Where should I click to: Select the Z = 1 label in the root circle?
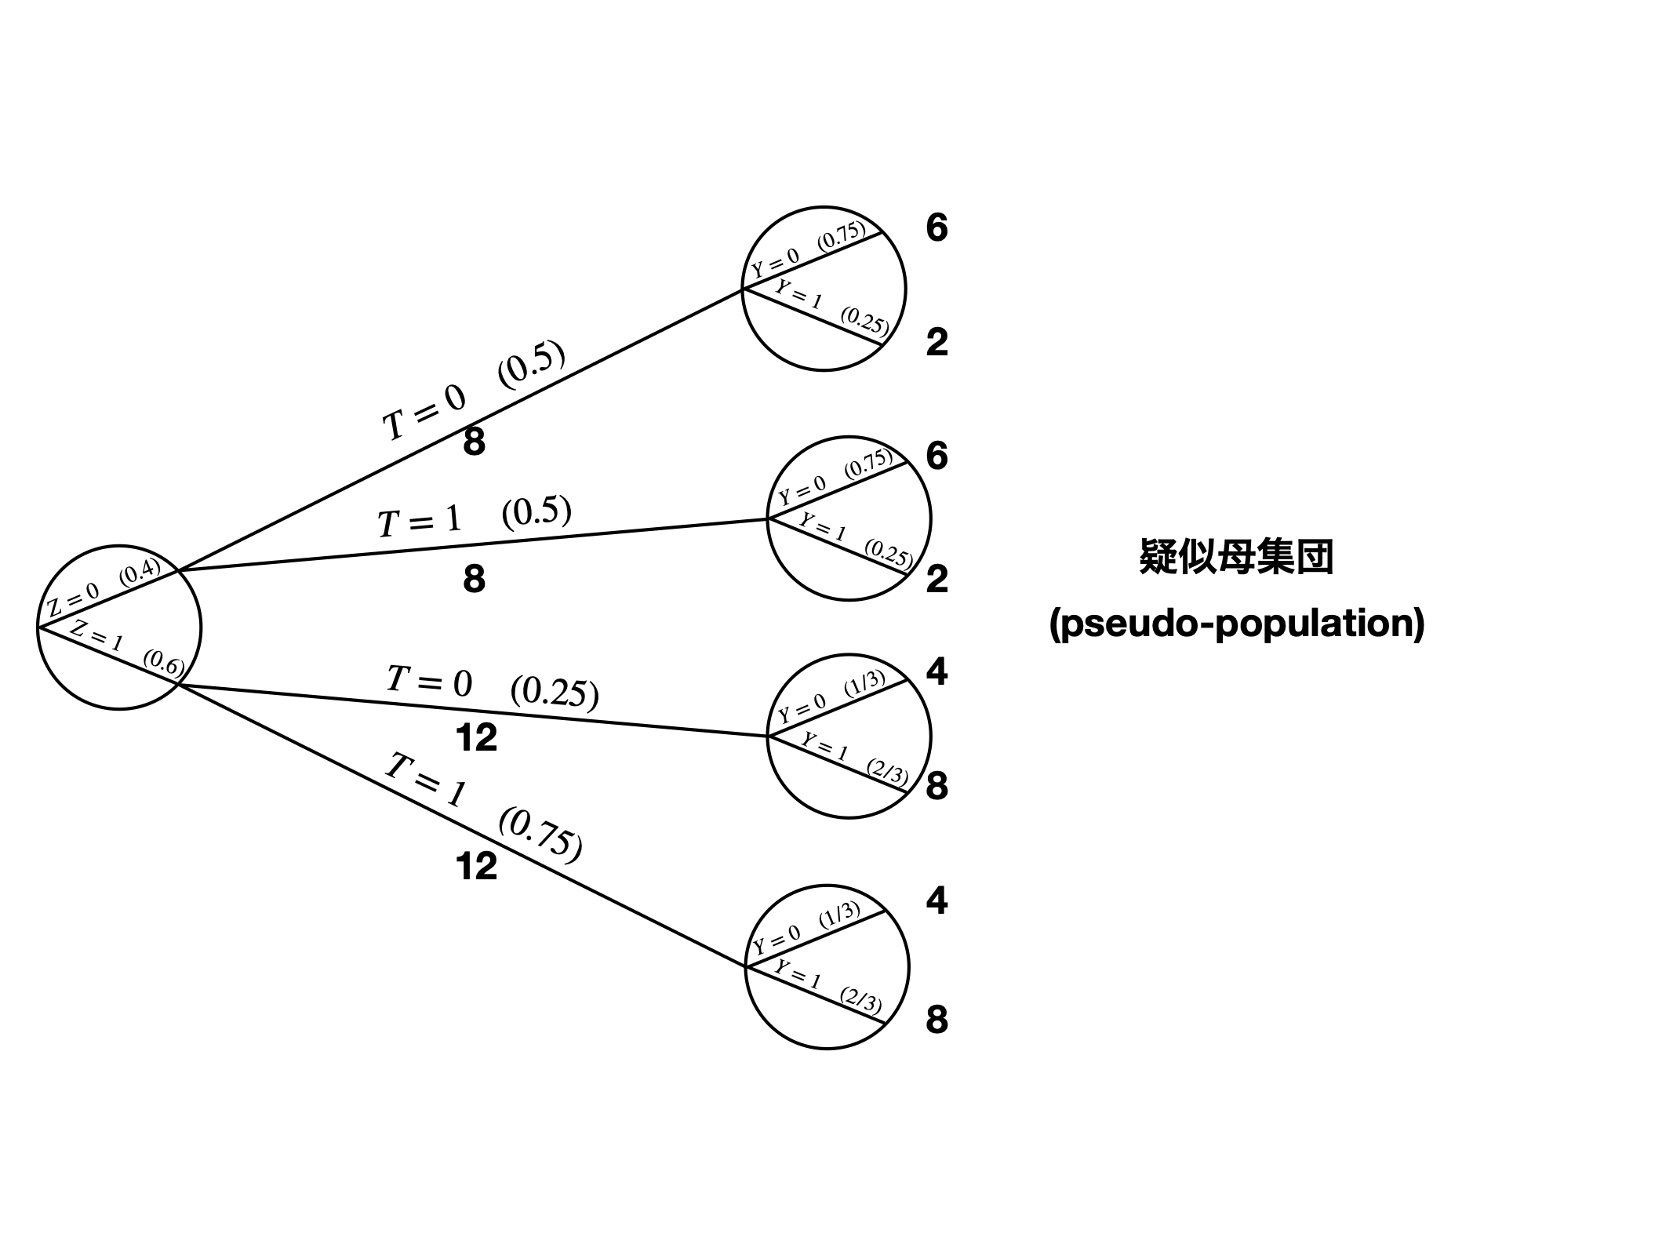(96, 636)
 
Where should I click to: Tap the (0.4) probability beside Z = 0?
(140, 572)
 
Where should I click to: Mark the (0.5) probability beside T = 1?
(536, 511)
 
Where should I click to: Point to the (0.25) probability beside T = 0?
(555, 692)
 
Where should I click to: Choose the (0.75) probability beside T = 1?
(540, 835)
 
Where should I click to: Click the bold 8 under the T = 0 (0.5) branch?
(474, 442)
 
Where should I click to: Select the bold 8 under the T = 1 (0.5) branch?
(474, 580)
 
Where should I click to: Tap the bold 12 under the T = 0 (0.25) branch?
(476, 738)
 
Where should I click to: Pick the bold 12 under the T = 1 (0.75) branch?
(476, 867)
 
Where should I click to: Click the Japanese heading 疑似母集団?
(1236, 558)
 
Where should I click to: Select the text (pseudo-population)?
(1237, 624)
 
